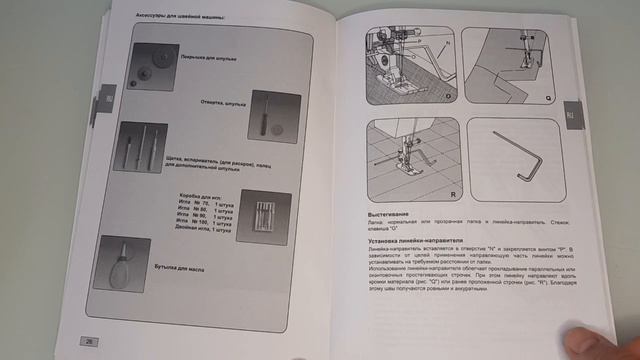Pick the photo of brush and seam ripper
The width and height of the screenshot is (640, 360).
coord(141,146)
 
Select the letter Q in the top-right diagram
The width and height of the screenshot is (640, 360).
coord(550,100)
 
